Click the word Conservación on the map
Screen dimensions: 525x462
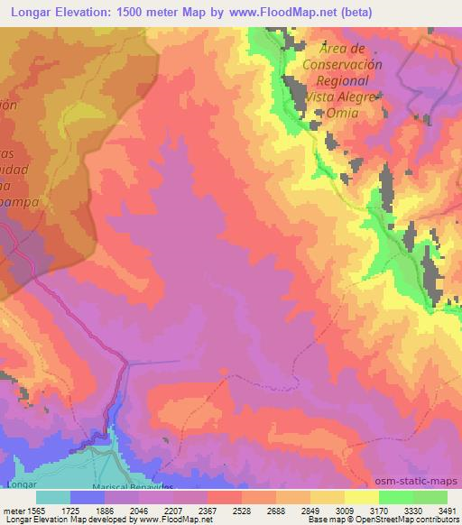click(343, 64)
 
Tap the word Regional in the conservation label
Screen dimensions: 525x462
click(343, 80)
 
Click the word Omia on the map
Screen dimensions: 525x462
click(343, 113)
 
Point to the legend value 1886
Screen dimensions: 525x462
click(111, 511)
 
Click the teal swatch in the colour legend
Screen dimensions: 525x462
click(53, 497)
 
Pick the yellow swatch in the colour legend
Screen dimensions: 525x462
click(361, 497)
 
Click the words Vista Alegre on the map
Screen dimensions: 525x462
click(343, 97)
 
